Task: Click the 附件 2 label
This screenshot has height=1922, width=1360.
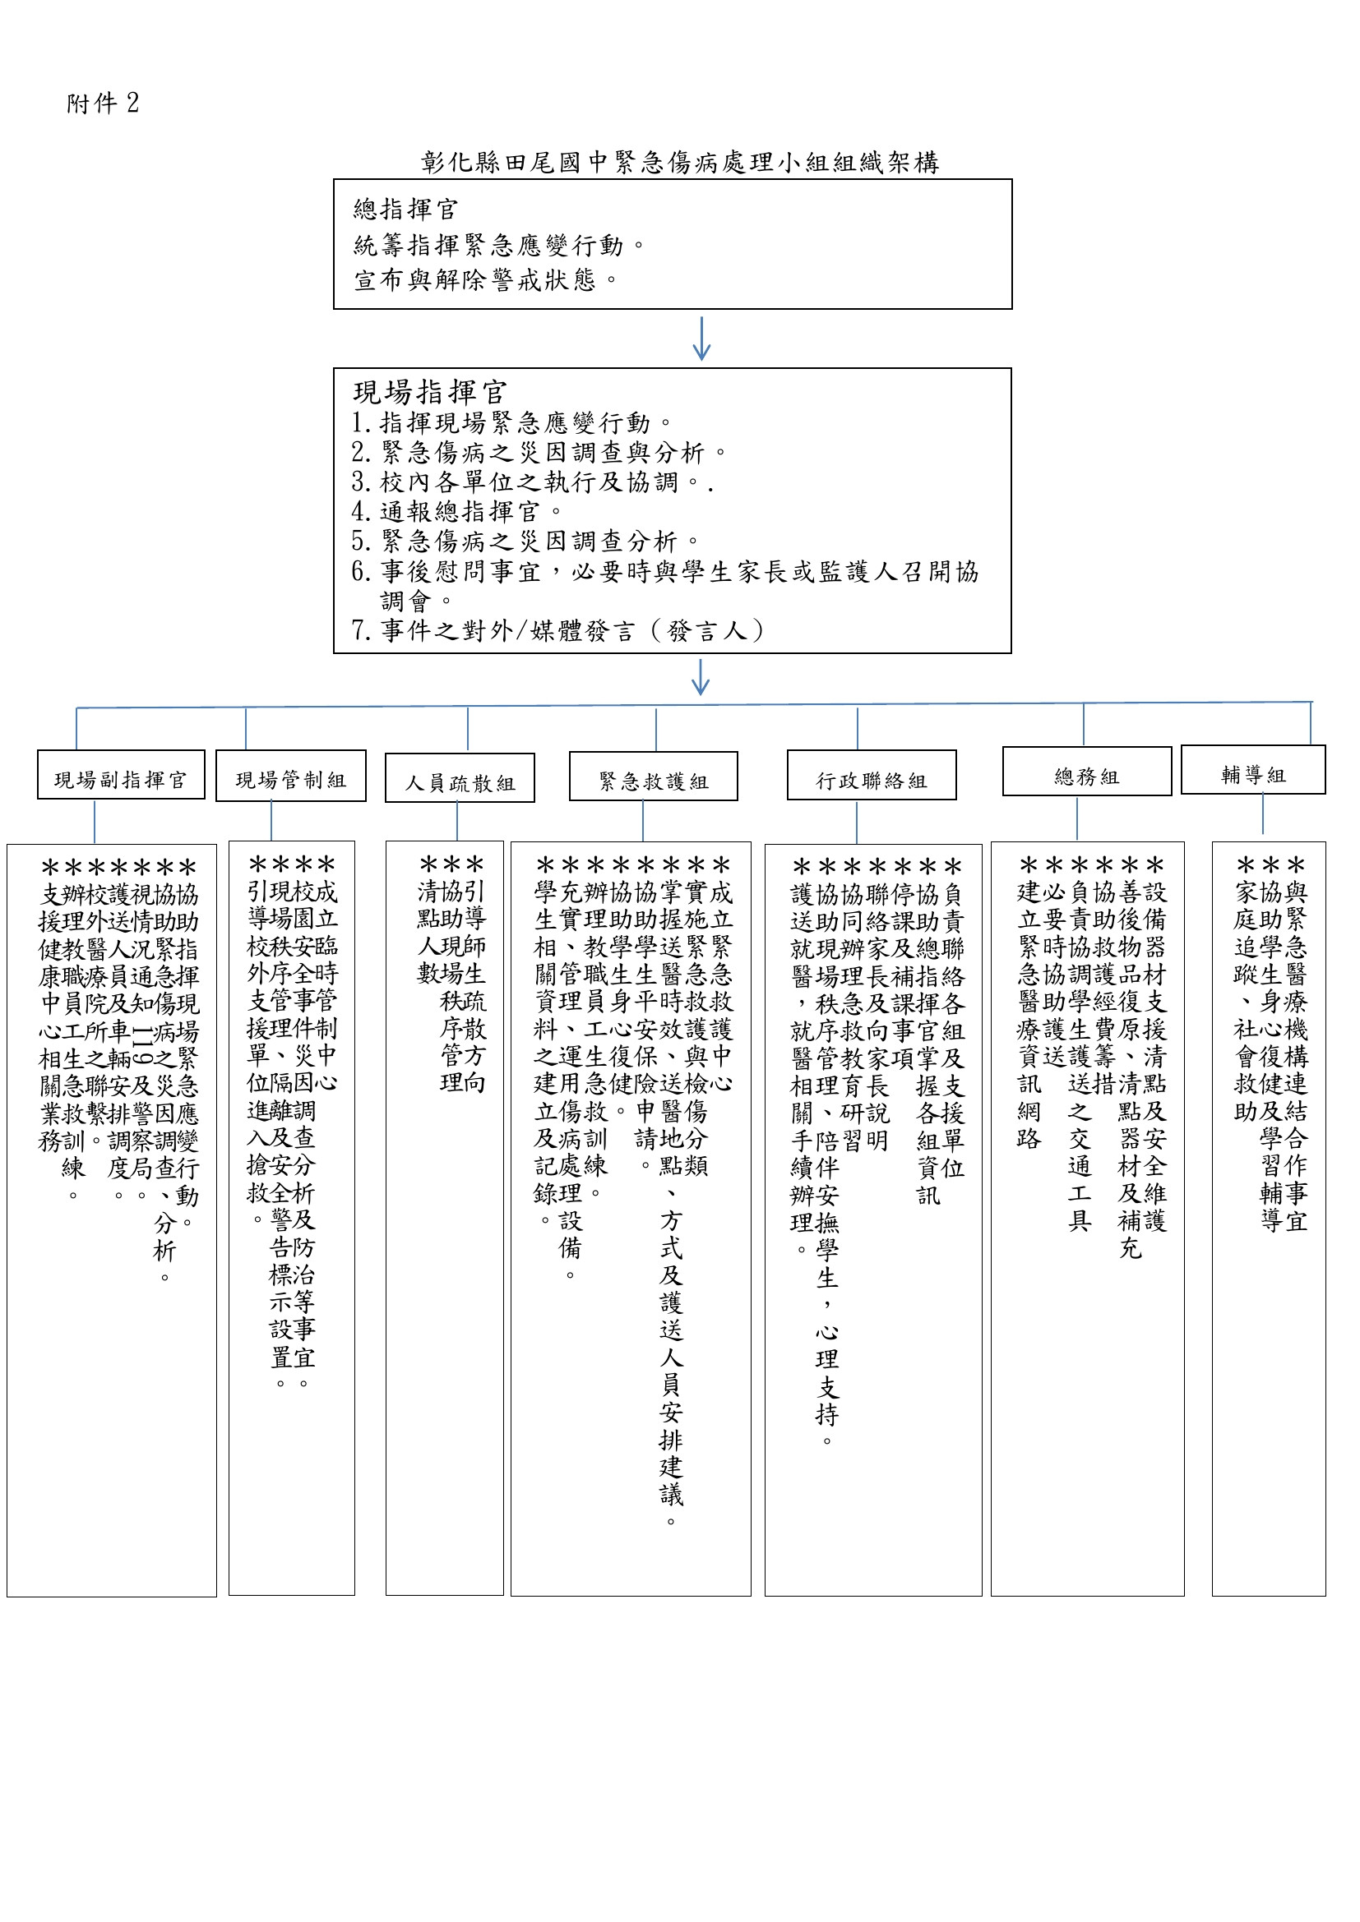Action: (x=102, y=103)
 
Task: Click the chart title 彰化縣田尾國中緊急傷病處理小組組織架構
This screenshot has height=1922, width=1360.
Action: (x=679, y=163)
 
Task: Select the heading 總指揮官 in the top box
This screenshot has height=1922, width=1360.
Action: (x=405, y=209)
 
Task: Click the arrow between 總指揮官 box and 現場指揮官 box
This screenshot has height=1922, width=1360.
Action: (x=701, y=339)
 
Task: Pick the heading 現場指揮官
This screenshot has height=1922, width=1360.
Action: (x=429, y=392)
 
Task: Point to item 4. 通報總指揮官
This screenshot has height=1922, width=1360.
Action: (x=456, y=510)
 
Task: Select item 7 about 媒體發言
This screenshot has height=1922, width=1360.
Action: (x=557, y=630)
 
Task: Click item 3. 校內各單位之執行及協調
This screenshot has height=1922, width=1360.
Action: (x=531, y=482)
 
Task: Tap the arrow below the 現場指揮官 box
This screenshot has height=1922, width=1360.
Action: (x=701, y=677)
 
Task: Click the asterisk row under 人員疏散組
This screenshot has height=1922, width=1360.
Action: (x=451, y=864)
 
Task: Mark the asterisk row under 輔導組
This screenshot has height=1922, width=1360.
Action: (x=1270, y=865)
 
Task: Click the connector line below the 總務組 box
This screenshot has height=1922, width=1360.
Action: (x=1077, y=818)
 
